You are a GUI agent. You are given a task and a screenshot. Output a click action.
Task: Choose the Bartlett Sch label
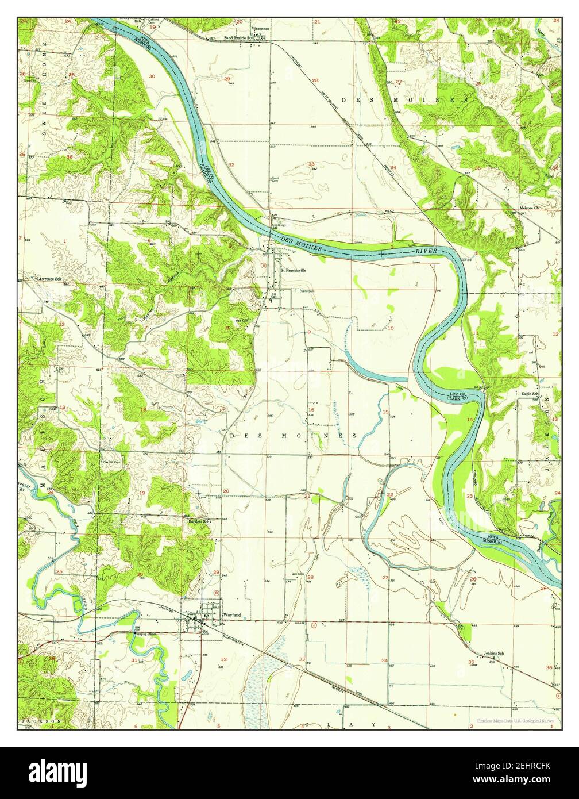pyautogui.click(x=200, y=521)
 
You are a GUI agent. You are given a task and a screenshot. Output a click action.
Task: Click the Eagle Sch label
pyautogui.click(x=529, y=394)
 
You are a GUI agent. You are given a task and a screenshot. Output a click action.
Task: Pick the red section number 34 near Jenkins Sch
pyautogui.click(x=384, y=660)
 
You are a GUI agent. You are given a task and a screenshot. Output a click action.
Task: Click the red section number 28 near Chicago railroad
pyautogui.click(x=315, y=80)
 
